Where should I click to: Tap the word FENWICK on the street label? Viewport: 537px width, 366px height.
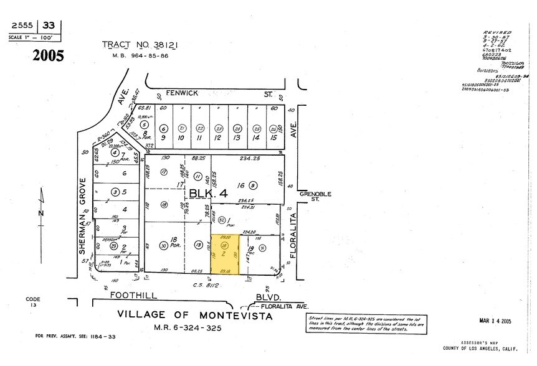pos(186,93)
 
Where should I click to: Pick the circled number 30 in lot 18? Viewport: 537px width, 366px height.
pos(163,245)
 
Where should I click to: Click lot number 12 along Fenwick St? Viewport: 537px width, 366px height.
pos(218,138)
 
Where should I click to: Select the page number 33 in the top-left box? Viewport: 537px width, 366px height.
pos(49,26)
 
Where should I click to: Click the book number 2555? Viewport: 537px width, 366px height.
pos(23,26)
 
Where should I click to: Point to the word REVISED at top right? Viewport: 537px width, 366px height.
pos(497,32)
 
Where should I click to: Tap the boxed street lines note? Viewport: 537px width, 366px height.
pos(367,323)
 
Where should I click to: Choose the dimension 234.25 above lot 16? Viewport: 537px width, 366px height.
pos(252,159)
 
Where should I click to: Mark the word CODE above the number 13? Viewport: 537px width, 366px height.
pos(33,299)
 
